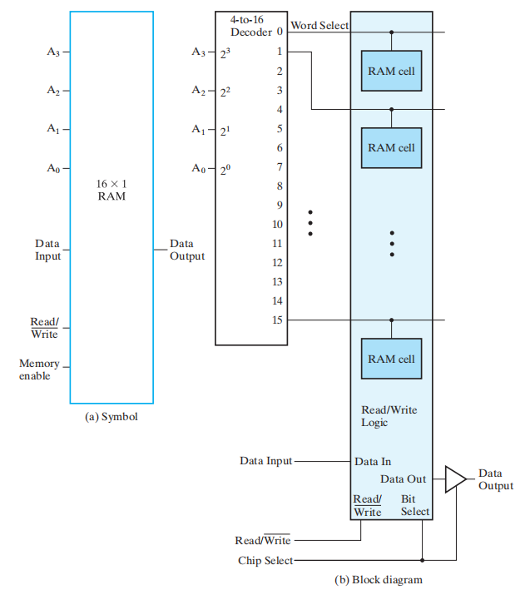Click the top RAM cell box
tap(391, 71)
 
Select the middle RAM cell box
tap(391, 147)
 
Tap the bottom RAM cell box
tap(391, 359)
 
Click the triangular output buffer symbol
tap(454, 479)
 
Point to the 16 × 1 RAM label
tap(111, 190)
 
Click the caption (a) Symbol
tap(111, 416)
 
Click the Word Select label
tap(319, 26)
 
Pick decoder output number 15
tap(278, 320)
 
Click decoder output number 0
tap(280, 32)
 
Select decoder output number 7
tap(280, 166)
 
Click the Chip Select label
tap(265, 561)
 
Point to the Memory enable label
tap(39, 369)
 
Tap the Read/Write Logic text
tap(389, 416)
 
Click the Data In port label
tap(373, 461)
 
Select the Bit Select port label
tap(414, 505)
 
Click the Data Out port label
tap(403, 479)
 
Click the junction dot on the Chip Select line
tap(423, 560)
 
